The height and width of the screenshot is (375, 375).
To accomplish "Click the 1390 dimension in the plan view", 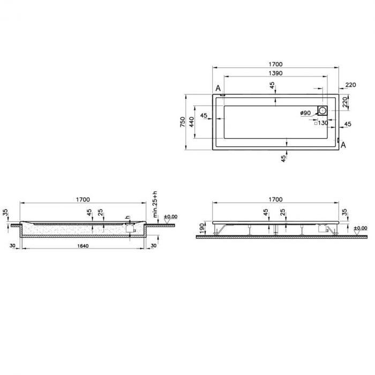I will pyautogui.click(x=275, y=73).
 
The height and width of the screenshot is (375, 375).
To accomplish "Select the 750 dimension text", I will pyautogui.click(x=183, y=122).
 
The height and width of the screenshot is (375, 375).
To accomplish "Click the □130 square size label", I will pyautogui.click(x=322, y=123).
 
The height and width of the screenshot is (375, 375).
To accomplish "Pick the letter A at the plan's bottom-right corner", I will pyautogui.click(x=343, y=145).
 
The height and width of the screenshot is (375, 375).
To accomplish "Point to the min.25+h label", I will pyautogui.click(x=155, y=206).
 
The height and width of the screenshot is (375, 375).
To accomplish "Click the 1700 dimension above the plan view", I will pyautogui.click(x=275, y=64).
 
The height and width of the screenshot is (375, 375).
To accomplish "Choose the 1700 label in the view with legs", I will pyautogui.click(x=275, y=199).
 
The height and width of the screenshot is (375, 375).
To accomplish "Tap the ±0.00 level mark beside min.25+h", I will pyautogui.click(x=170, y=216).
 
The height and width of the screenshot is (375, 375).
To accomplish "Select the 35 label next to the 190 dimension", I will pyautogui.click(x=344, y=213).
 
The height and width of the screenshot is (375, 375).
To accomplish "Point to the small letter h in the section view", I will pyautogui.click(x=127, y=217).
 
